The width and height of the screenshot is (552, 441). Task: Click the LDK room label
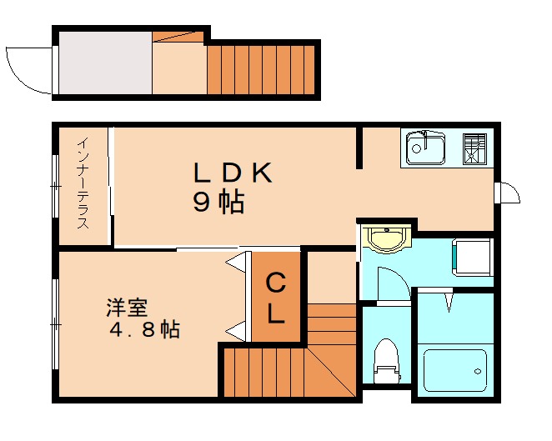pyautogui.click(x=233, y=173)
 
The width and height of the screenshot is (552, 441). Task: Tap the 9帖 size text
pyautogui.click(x=219, y=203)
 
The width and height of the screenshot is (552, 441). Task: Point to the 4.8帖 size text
pyautogui.click(x=146, y=329)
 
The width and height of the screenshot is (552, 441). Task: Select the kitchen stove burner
pyautogui.click(x=475, y=148)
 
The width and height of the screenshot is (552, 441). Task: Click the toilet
pyautogui.click(x=386, y=361)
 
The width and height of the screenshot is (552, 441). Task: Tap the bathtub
pyautogui.click(x=454, y=367)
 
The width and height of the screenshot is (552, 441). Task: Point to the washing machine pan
pyautogui.click(x=473, y=256)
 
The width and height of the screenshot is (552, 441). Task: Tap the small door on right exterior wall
pyautogui.click(x=508, y=193)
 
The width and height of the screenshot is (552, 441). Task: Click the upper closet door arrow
pyautogui.click(x=236, y=263)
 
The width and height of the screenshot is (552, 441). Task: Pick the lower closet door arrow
pyautogui.click(x=236, y=331)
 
